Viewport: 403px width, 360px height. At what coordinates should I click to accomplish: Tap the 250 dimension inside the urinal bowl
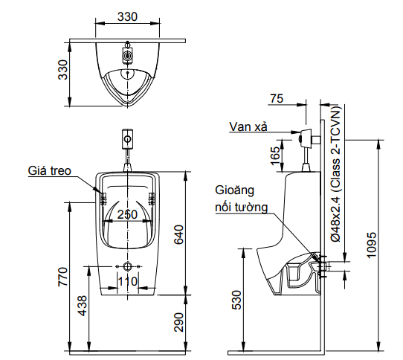128,213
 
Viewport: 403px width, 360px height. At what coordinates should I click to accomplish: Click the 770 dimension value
63,277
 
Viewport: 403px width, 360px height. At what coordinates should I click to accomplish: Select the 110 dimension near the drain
128,281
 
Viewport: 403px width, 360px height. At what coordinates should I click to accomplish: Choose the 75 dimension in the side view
277,98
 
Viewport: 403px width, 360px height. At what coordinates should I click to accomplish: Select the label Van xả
248,126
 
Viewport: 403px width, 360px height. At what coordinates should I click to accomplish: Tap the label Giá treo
50,170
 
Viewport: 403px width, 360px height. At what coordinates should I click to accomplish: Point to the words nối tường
240,208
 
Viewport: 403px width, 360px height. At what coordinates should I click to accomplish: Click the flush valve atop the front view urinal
128,139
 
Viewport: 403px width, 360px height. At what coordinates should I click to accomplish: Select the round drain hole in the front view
128,266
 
